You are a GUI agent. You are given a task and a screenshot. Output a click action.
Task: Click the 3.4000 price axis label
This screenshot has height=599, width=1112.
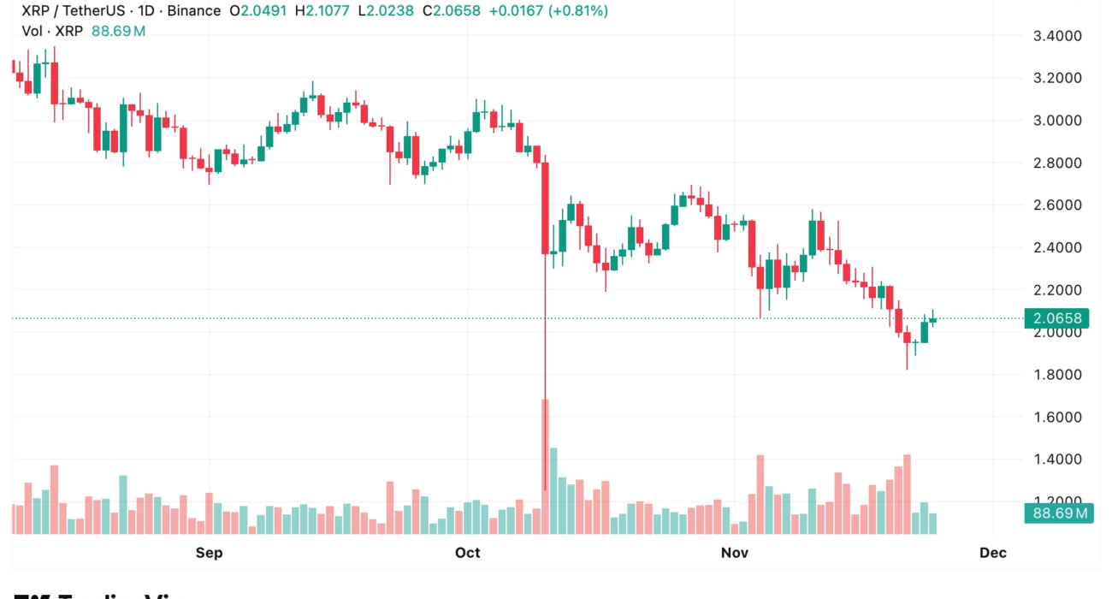[1058, 36]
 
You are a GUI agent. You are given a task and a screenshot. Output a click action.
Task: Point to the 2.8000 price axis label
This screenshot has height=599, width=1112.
[1058, 163]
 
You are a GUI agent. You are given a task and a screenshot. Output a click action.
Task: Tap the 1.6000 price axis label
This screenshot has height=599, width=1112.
[1058, 417]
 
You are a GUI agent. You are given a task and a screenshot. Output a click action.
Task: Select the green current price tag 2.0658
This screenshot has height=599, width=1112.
[1058, 319]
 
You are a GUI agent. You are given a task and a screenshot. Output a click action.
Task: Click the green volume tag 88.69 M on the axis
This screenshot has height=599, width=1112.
[1058, 513]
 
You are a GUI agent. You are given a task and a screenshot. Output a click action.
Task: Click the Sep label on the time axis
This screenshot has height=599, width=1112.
[209, 553]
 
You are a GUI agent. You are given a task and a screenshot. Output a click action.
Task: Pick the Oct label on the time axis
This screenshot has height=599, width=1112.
[468, 553]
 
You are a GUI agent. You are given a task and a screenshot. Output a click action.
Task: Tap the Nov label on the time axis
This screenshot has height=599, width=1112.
[735, 553]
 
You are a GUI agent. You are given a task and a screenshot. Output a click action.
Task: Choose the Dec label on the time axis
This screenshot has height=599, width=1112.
[993, 553]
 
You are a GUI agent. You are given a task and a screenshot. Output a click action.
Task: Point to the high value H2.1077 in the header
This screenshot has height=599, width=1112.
[324, 11]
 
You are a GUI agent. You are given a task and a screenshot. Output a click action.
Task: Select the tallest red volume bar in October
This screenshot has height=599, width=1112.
[545, 466]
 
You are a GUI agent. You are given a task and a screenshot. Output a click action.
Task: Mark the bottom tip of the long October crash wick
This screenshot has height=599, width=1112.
[545, 490]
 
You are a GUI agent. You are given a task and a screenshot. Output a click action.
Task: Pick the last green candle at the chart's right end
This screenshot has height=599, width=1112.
[932, 320]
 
